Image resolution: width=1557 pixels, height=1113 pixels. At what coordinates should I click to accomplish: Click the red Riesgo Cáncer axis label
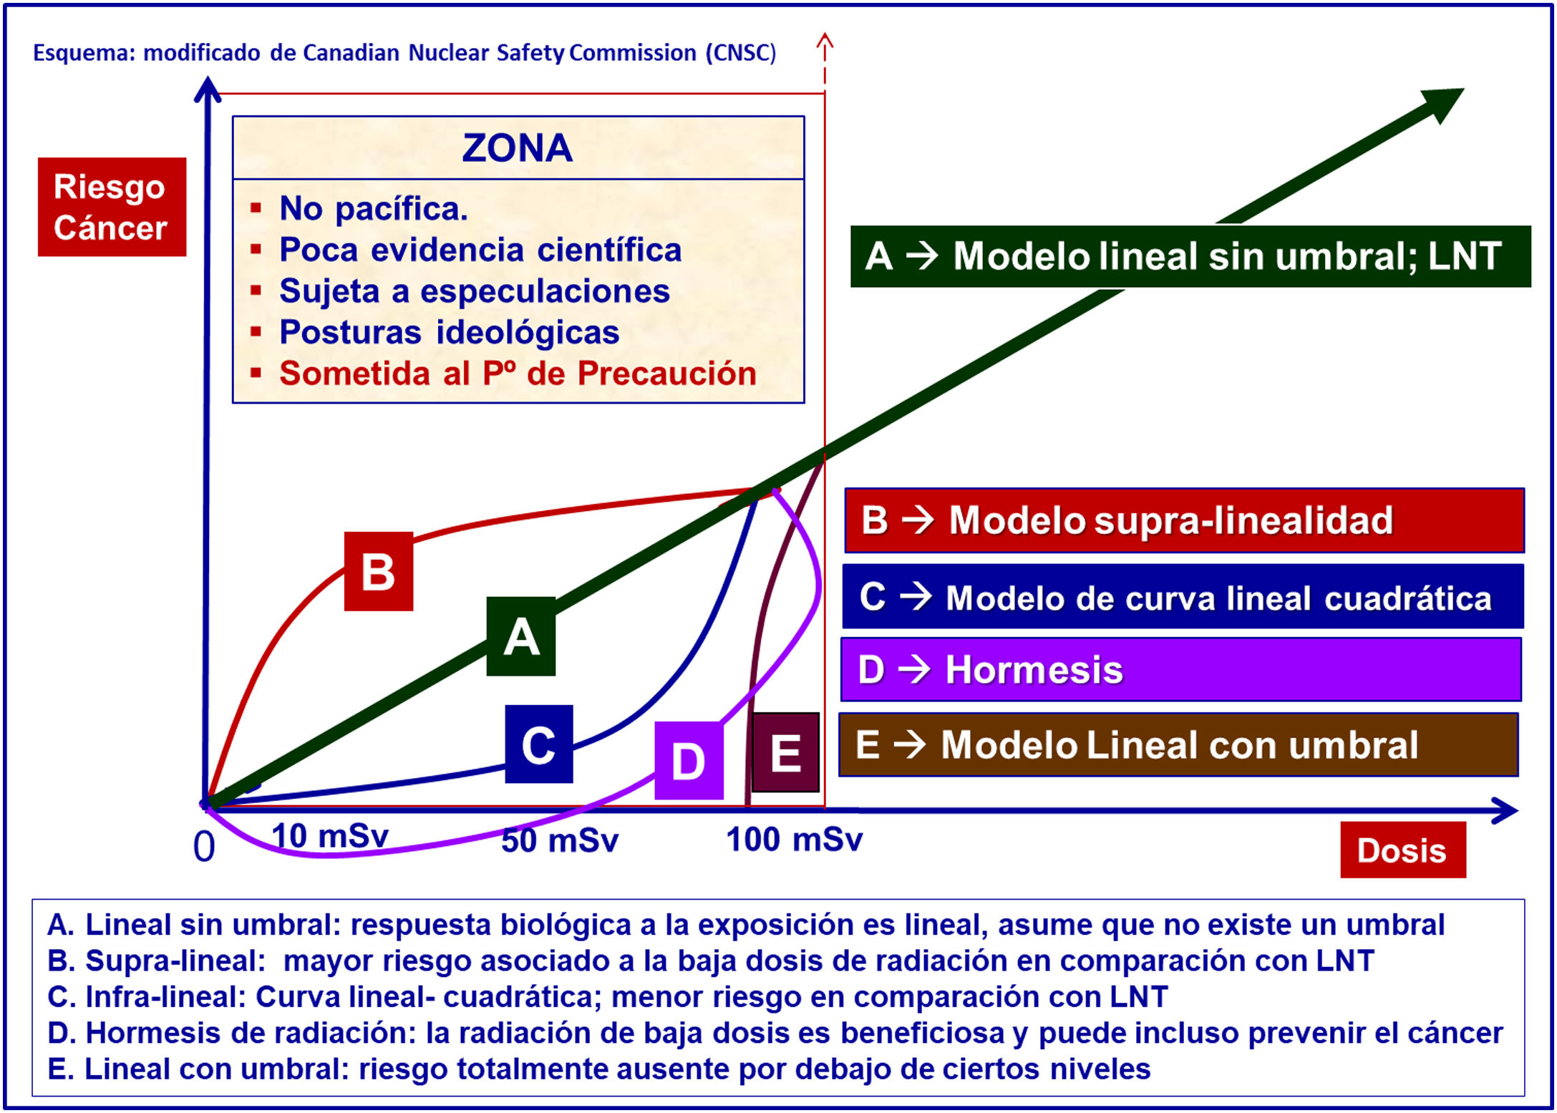point(112,207)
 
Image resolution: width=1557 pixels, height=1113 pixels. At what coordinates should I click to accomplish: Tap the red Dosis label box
point(1402,850)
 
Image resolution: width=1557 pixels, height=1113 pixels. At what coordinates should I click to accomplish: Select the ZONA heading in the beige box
point(517,148)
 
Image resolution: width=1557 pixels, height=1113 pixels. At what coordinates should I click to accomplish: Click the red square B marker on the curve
point(379,571)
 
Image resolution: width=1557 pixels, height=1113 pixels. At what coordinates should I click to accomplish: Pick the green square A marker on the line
point(521,636)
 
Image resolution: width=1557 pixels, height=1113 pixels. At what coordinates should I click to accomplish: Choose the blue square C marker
point(539,744)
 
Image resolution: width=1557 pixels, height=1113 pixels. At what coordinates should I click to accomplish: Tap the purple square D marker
point(689,760)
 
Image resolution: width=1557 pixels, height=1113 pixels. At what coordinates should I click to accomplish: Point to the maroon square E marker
point(785,752)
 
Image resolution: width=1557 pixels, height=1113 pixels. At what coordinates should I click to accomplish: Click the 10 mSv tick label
point(330,836)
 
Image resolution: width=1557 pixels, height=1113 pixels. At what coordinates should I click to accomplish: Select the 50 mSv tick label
point(560,840)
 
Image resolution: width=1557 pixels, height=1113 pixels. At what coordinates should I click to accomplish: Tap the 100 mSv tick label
point(795,840)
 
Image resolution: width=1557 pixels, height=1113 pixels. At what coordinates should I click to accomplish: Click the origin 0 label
point(204,847)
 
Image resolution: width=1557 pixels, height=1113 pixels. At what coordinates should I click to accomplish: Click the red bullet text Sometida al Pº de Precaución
point(518,374)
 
